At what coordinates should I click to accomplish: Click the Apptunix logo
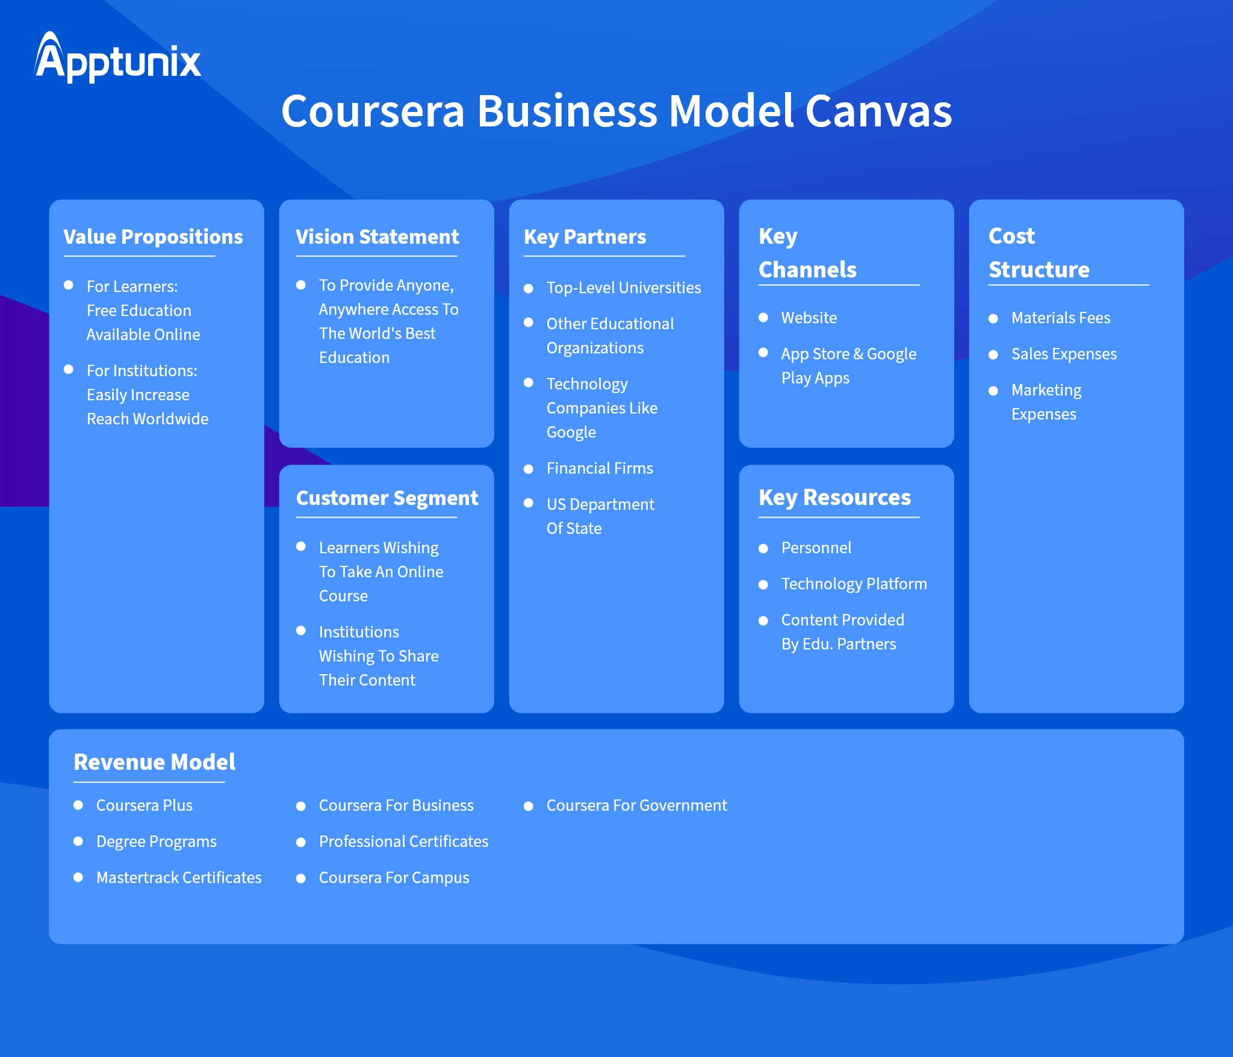tap(118, 59)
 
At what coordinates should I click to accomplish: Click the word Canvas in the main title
tap(878, 111)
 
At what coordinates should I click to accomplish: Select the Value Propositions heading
tap(153, 237)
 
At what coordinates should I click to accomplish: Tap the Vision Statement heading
tap(377, 237)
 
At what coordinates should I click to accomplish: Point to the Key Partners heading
tap(585, 237)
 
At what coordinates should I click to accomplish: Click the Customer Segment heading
tap(387, 498)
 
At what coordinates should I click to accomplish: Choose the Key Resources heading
tap(834, 497)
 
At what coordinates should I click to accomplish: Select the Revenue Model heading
tap(154, 762)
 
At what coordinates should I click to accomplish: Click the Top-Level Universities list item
tap(624, 288)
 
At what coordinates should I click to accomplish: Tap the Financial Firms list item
tap(600, 468)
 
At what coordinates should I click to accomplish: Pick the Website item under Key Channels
tap(809, 318)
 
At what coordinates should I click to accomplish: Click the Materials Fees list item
tap(1061, 318)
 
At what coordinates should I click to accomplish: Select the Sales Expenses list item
tap(1064, 354)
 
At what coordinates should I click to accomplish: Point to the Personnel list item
tap(816, 548)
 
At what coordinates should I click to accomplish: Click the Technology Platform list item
tap(854, 584)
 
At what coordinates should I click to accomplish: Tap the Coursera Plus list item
tap(144, 805)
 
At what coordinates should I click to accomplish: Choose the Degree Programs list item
tap(157, 842)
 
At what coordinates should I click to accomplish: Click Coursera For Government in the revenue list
tap(636, 805)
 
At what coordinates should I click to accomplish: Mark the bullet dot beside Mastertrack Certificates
tap(78, 878)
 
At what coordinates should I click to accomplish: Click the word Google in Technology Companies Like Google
tap(571, 432)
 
